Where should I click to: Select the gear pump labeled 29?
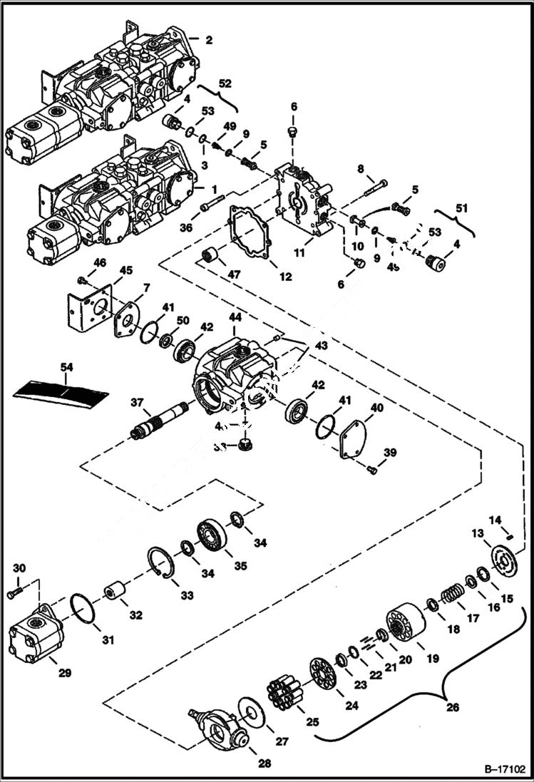point(36,634)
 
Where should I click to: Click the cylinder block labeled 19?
point(405,620)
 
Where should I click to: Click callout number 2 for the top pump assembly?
point(208,40)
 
